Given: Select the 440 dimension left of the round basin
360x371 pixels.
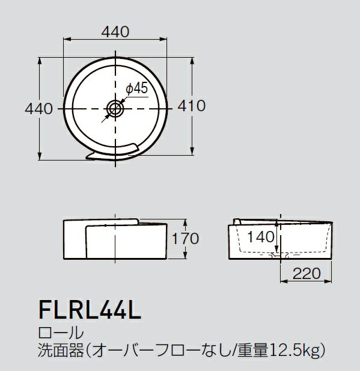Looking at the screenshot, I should pyautogui.click(x=37, y=108).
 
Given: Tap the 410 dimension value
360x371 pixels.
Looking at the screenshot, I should pyautogui.click(x=193, y=106).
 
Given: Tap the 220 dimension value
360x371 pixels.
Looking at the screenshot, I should pyautogui.click(x=307, y=274).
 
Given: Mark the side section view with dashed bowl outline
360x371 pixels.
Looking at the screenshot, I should pyautogui.click(x=279, y=241).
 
